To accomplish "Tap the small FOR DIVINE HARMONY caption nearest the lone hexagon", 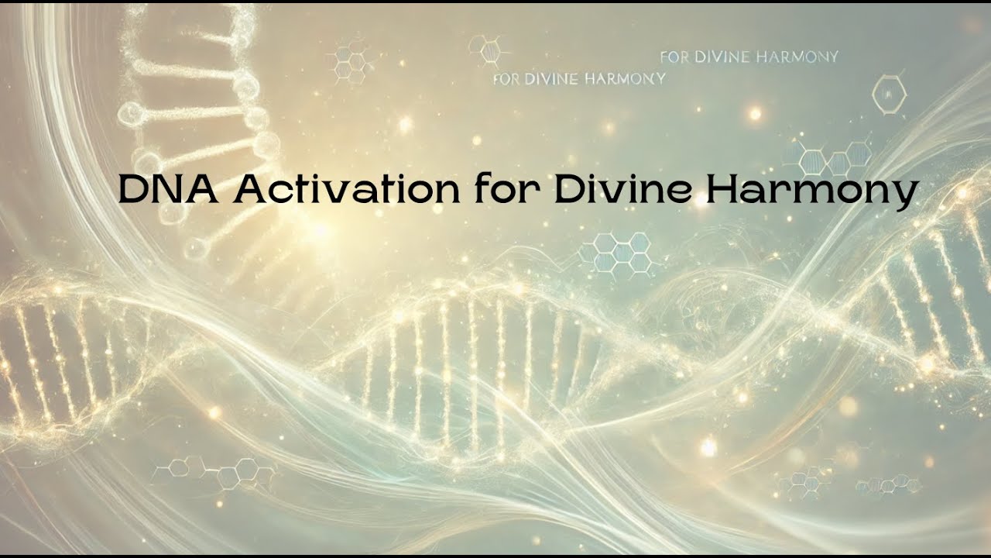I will point(749,57).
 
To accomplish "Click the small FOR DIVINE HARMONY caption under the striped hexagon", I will point(578,79).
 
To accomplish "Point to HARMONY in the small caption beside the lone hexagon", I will point(805,57).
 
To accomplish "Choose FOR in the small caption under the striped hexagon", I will point(506,79).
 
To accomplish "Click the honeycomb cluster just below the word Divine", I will point(616,251).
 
